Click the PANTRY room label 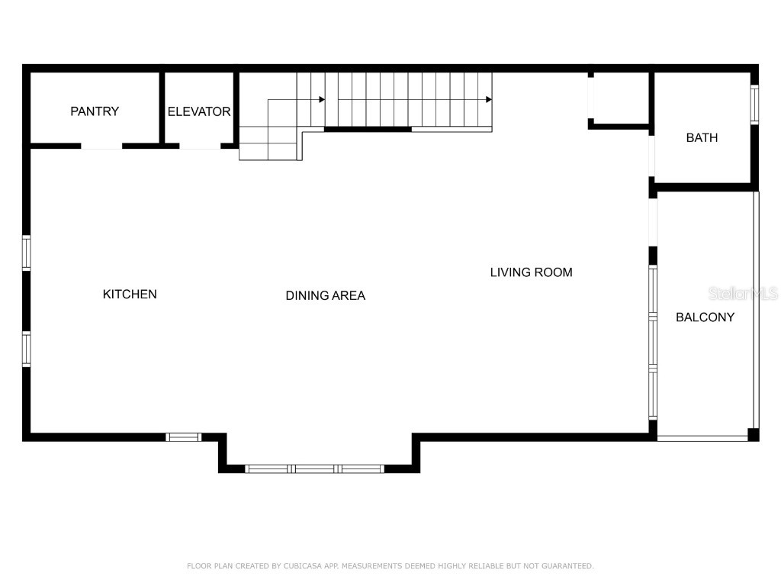95,111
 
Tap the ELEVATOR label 199,111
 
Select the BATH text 702,138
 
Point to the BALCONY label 705,317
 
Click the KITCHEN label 130,294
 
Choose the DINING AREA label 325,295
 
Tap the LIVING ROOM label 531,272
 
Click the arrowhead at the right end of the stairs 487,99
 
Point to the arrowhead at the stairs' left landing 322,99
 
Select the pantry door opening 101,146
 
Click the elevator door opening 200,146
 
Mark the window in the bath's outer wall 754,105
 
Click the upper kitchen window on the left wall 26,253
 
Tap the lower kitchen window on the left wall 26,349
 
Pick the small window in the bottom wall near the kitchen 183,437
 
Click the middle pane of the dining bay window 314,468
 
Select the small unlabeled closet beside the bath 619,98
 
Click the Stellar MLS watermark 743,293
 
